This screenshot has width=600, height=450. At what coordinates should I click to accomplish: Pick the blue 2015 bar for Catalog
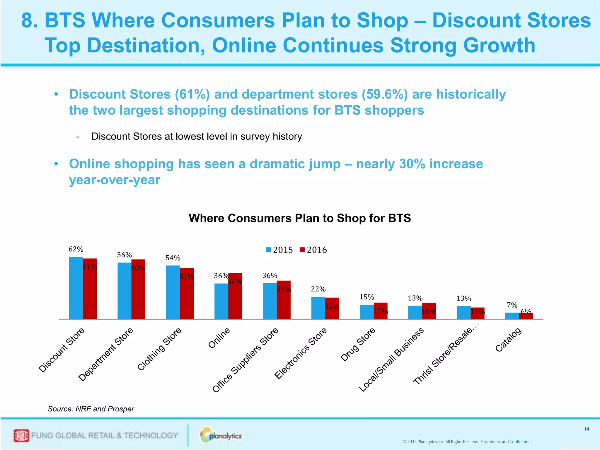tap(512, 316)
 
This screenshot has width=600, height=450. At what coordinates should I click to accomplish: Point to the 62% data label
tap(76, 249)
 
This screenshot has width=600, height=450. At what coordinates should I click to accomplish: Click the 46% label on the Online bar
tap(235, 282)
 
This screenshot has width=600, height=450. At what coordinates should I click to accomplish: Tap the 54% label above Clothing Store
tap(173, 258)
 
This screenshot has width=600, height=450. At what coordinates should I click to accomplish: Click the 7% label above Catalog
tap(512, 305)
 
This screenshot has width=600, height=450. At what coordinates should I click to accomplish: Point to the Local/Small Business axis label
tap(391, 360)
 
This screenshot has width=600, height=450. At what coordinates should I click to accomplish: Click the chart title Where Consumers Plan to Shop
tap(299, 218)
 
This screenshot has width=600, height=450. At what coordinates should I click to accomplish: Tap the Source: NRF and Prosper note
tap(91, 409)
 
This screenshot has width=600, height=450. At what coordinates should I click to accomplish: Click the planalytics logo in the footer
tap(221, 435)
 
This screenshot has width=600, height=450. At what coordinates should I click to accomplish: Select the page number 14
tap(586, 429)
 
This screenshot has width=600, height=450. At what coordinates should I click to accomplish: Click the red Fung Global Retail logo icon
tap(21, 435)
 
